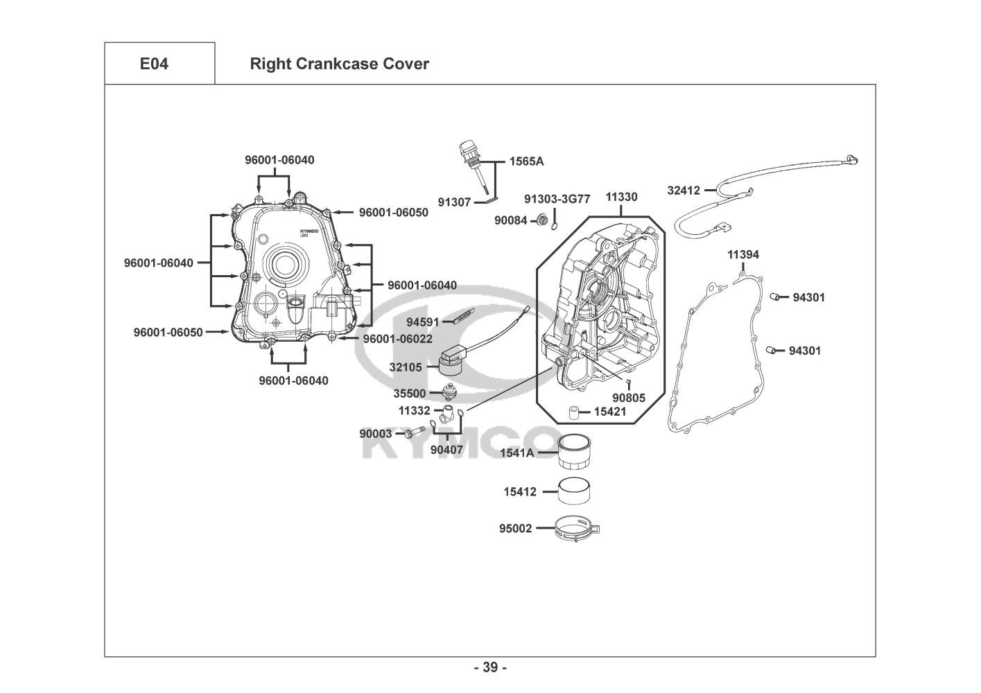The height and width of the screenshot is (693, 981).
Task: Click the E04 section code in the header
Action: click(x=154, y=64)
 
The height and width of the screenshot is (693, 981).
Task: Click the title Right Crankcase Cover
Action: click(x=339, y=64)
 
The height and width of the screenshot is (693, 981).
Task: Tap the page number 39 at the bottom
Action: click(x=490, y=668)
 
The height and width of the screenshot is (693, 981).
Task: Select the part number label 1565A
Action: click(x=526, y=161)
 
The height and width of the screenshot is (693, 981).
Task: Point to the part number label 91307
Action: click(x=454, y=202)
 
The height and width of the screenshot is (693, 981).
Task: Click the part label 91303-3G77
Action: click(x=557, y=199)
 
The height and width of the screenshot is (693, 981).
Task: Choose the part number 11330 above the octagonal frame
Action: click(x=621, y=197)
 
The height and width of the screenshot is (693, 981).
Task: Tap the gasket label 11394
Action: click(x=743, y=254)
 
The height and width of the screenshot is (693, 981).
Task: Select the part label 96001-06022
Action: click(x=397, y=339)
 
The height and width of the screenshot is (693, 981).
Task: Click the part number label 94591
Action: click(x=423, y=322)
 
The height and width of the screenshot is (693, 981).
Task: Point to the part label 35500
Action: click(x=410, y=394)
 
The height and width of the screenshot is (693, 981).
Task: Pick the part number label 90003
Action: click(x=375, y=434)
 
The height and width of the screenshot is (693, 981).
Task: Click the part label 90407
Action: click(x=446, y=450)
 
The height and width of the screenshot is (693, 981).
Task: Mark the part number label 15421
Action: click(x=610, y=412)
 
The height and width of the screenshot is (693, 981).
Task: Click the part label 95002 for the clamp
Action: click(x=516, y=529)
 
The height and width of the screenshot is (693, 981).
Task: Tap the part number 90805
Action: click(x=628, y=398)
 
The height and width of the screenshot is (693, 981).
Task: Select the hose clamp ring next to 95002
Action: click(x=577, y=529)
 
